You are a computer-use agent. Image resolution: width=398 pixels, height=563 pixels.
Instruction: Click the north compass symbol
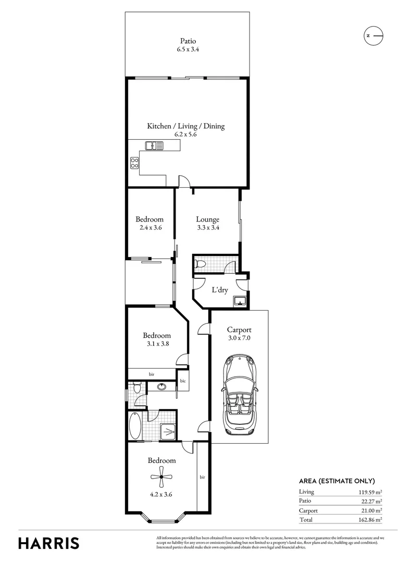click(373, 35)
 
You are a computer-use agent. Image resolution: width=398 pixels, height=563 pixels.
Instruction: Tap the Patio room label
click(188, 41)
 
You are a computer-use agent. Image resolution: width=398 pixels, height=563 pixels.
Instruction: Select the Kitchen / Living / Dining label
click(185, 126)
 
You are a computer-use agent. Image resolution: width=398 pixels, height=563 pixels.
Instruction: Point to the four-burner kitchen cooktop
click(134, 163)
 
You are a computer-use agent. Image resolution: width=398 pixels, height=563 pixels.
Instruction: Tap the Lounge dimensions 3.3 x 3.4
click(207, 228)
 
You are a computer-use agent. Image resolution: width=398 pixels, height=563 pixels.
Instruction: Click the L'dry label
click(219, 290)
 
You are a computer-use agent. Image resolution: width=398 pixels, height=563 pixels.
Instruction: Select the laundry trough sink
click(240, 300)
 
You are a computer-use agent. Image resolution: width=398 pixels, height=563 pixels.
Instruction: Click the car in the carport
click(239, 395)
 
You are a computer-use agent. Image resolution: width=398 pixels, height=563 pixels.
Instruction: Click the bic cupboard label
click(183, 382)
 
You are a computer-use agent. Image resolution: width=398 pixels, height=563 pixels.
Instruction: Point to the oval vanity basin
click(161, 387)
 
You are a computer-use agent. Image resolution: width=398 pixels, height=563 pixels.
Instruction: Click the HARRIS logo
click(49, 543)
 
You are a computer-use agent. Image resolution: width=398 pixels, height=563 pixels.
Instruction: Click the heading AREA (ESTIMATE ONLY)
click(337, 481)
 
